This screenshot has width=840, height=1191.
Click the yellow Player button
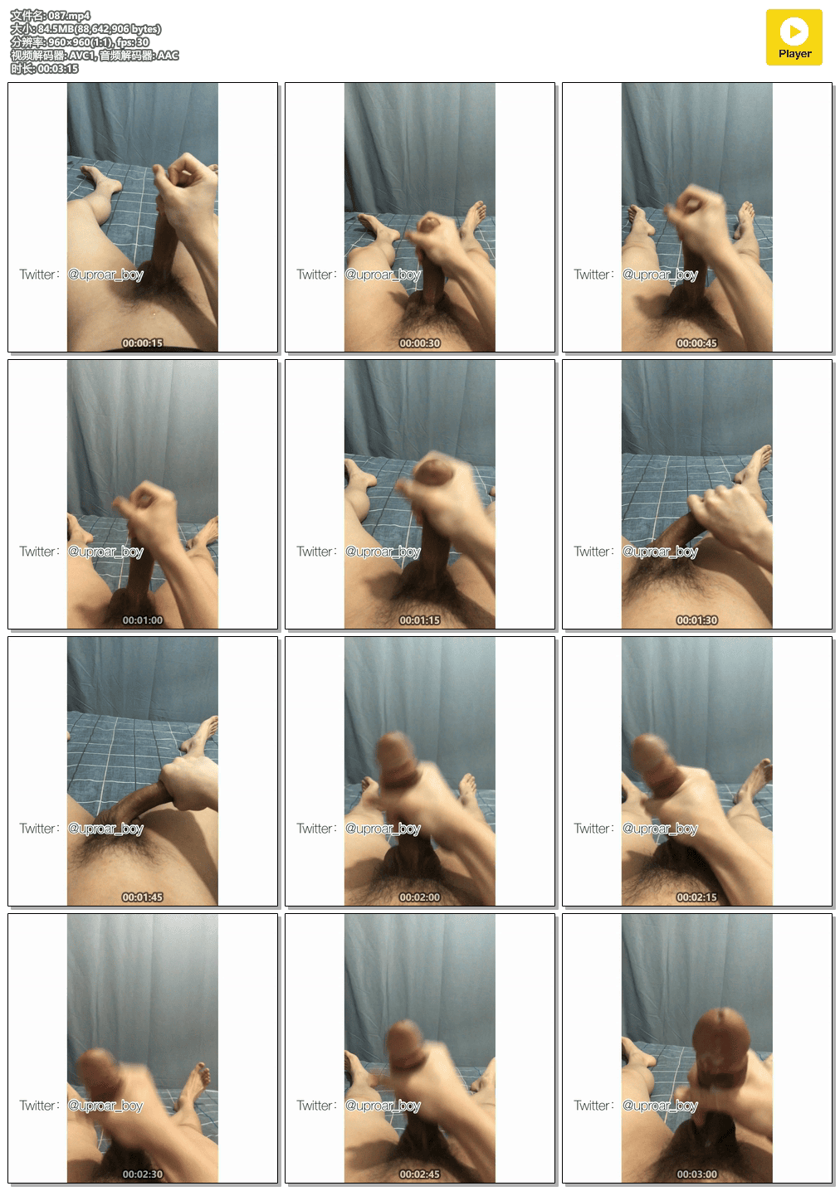[794, 37]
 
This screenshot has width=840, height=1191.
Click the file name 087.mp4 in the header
[69, 16]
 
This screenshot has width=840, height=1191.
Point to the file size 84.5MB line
[85, 29]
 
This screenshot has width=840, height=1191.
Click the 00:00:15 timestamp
[143, 343]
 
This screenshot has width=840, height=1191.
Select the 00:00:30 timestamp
[420, 343]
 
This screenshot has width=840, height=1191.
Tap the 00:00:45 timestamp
[697, 343]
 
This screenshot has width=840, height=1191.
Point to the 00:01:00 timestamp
[143, 620]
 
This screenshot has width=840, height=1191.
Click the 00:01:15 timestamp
[420, 620]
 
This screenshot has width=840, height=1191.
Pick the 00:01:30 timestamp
[697, 620]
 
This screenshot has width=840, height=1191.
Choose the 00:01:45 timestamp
[143, 897]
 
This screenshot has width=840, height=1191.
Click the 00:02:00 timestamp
[420, 897]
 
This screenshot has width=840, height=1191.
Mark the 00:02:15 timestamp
[697, 897]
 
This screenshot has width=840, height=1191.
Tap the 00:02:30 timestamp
[143, 1174]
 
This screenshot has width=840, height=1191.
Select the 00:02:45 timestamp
[420, 1174]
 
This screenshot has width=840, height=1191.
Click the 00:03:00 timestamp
[697, 1174]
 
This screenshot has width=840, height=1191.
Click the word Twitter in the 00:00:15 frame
[37, 275]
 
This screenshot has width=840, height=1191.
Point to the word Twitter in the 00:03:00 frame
[592, 1106]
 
